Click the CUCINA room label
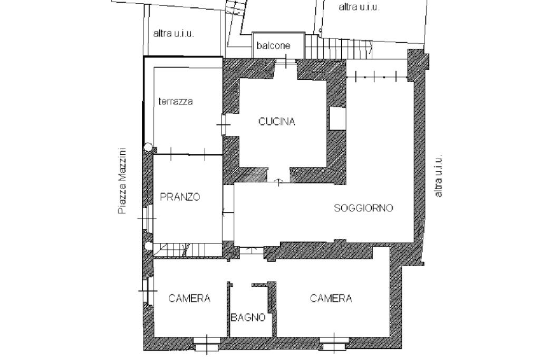[277, 122]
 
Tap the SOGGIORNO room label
[363, 208]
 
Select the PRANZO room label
[180, 197]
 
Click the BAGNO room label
[248, 317]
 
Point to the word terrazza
[176, 101]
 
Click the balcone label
[273, 46]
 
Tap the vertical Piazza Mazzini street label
[122, 180]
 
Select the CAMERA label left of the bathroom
[189, 298]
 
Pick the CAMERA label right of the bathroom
[331, 298]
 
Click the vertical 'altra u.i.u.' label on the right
[439, 176]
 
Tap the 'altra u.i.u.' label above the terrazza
[174, 33]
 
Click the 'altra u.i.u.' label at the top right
[359, 7]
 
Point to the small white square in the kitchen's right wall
[337, 118]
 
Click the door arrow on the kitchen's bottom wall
[279, 182]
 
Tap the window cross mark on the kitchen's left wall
[224, 125]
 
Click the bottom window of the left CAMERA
[206, 345]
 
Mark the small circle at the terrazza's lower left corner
[148, 148]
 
